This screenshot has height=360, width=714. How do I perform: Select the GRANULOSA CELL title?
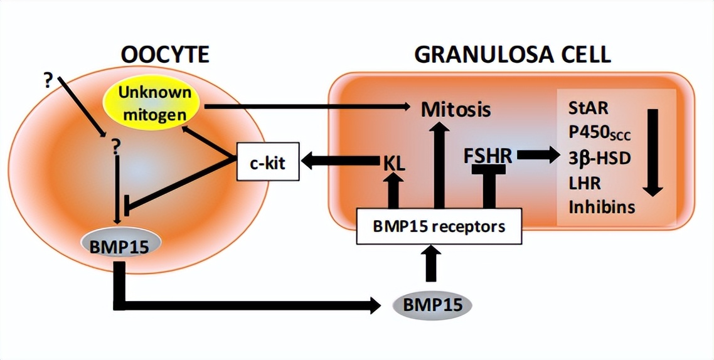(512, 55)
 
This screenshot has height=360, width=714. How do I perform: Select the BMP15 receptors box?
(439, 226)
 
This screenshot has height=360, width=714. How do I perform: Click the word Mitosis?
(455, 110)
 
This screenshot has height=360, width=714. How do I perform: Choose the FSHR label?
(488, 155)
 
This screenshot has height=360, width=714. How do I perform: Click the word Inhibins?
(601, 206)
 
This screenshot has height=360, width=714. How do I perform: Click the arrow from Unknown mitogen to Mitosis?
(307, 107)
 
